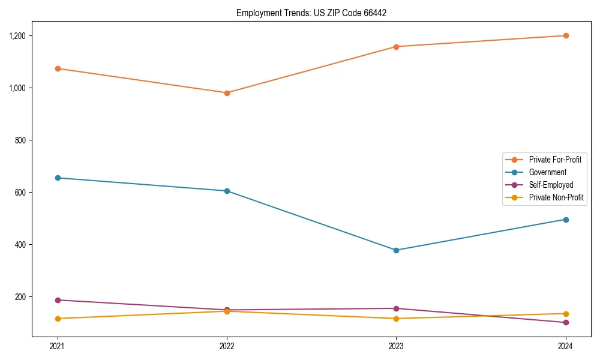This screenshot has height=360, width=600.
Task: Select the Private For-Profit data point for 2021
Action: coord(58,68)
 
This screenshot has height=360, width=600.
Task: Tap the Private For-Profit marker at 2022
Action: coord(227,93)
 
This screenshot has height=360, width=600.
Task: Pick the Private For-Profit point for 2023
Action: coord(396,47)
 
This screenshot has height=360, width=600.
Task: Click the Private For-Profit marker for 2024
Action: coord(566,35)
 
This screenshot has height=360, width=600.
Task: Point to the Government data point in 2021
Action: coord(58,178)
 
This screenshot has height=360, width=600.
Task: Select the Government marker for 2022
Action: coord(227,191)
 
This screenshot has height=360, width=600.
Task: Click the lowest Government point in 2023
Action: coord(396,250)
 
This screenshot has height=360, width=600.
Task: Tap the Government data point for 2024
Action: coord(566,220)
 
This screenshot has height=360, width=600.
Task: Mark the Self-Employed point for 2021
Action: coord(58,300)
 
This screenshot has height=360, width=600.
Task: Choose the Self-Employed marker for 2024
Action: coord(566,323)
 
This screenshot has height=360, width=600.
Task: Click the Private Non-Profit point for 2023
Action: coord(396,319)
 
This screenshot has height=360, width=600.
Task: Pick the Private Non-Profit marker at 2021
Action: coord(58,319)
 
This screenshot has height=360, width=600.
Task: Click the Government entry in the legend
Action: coord(547,172)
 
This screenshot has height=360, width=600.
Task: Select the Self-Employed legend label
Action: coord(551,185)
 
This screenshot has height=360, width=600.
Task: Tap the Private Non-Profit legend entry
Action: coord(556,197)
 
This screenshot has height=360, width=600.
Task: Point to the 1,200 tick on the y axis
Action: coord(18,36)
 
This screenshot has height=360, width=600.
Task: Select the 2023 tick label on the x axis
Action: coord(396,346)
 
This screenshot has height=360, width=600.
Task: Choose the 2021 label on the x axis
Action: coord(58,346)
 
